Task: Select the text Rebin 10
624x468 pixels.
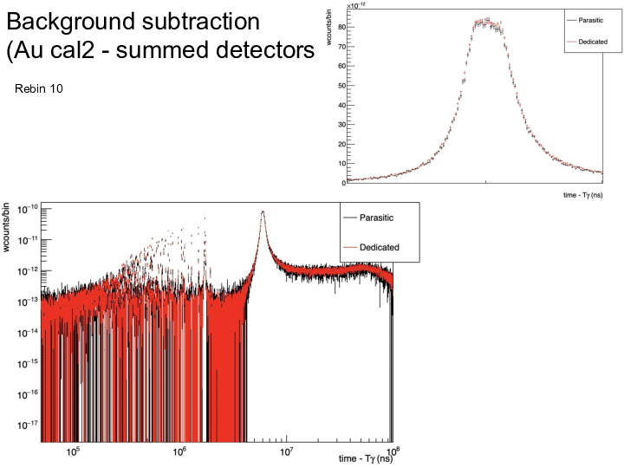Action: [39, 89]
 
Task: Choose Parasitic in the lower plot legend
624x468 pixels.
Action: [380, 219]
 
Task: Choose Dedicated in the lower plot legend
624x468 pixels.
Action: [380, 248]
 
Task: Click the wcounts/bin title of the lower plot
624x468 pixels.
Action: [8, 225]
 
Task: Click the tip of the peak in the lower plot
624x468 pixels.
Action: [263, 211]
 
